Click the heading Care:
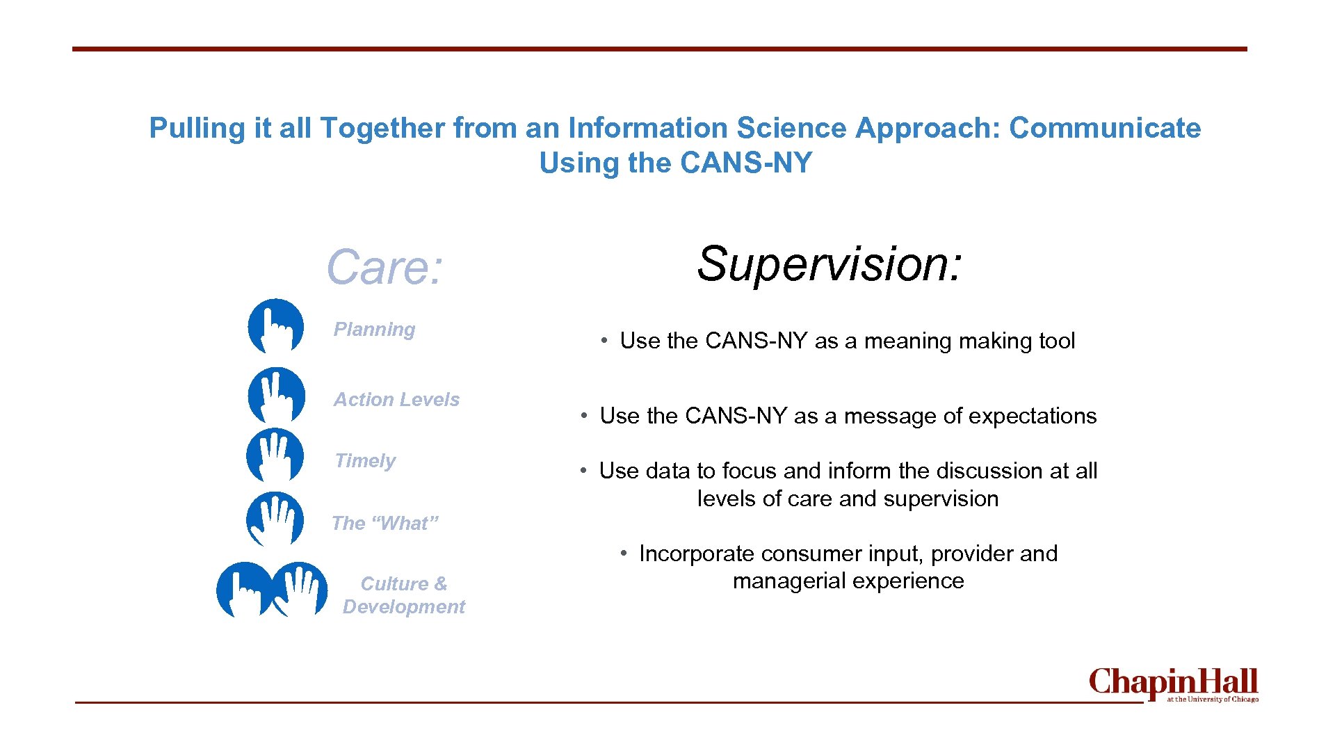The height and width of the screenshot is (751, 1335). [385, 267]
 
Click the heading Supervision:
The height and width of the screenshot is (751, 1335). [830, 264]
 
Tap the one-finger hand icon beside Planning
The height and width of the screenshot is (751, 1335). [276, 326]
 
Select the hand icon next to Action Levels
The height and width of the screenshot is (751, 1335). [276, 395]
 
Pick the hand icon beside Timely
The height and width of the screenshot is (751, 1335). [275, 455]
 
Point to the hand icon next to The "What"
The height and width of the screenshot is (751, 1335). [275, 519]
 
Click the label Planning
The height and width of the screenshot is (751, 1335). [374, 330]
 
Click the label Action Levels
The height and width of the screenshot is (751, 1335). [396, 400]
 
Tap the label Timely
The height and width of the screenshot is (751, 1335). [365, 461]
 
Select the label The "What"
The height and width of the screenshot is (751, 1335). [385, 524]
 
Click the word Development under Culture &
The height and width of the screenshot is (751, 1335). [403, 607]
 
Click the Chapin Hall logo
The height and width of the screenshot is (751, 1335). [1173, 684]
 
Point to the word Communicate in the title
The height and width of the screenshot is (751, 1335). [1105, 128]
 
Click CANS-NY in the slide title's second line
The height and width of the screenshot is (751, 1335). [746, 163]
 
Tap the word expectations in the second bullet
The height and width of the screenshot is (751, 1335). [1029, 416]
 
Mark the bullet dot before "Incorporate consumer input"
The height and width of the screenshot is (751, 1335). [624, 554]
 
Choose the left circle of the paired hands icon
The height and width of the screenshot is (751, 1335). [243, 590]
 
